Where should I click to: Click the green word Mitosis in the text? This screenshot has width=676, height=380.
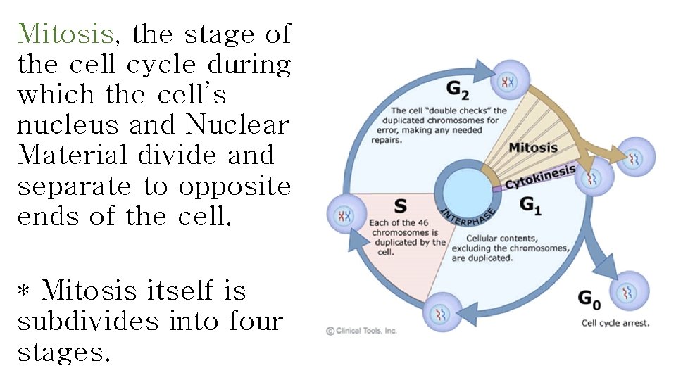[65, 33]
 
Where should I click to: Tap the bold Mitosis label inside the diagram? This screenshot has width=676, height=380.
[532, 148]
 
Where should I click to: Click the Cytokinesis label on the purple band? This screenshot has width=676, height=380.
[540, 177]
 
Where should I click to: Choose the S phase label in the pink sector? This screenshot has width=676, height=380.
[400, 205]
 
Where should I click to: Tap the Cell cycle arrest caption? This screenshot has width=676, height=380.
[615, 323]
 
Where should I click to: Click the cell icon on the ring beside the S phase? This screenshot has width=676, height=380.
[344, 215]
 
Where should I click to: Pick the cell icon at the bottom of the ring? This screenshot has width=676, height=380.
[442, 312]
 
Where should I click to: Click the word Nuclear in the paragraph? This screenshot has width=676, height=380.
[237, 125]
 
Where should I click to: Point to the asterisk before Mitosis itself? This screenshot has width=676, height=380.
[24, 291]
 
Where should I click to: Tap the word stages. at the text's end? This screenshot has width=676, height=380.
[64, 352]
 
